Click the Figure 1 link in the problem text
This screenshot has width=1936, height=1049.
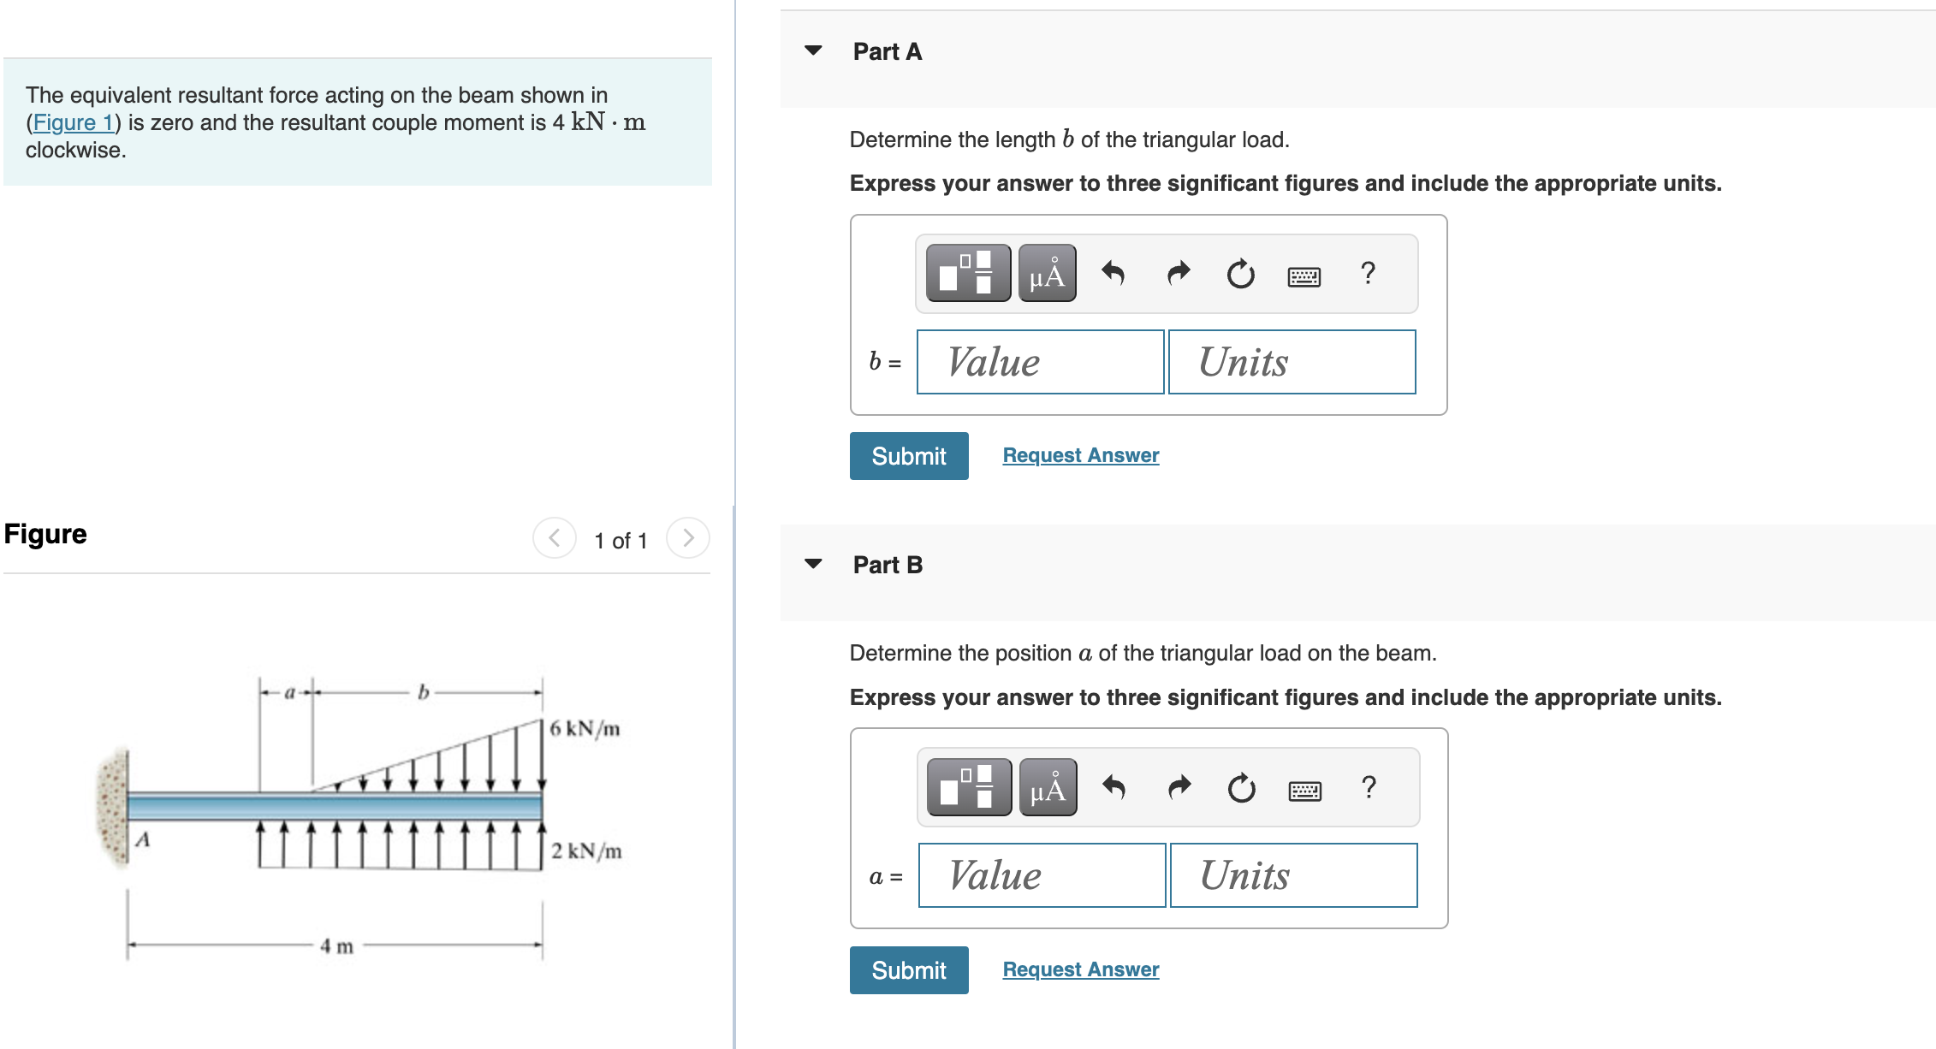point(73,122)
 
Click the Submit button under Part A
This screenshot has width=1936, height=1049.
point(908,456)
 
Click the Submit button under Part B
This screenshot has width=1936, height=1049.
point(908,970)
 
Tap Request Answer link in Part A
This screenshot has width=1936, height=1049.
point(1080,455)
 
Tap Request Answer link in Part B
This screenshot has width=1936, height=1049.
point(1080,969)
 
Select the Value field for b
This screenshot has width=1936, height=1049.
point(1039,362)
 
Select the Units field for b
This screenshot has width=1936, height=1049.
point(1291,362)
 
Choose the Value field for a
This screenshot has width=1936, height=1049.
point(1041,875)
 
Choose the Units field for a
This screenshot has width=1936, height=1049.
point(1292,875)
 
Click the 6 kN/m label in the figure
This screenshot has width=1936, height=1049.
point(585,729)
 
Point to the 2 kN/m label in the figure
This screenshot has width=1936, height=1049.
point(586,851)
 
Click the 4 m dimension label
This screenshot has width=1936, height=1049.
point(336,946)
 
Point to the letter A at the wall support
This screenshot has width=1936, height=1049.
point(143,839)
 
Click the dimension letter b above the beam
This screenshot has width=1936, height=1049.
point(423,691)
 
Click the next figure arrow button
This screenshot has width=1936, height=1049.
point(687,538)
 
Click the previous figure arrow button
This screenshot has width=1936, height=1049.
point(555,538)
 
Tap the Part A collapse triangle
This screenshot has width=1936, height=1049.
point(813,50)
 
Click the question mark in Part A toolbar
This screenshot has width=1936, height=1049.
point(1368,273)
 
